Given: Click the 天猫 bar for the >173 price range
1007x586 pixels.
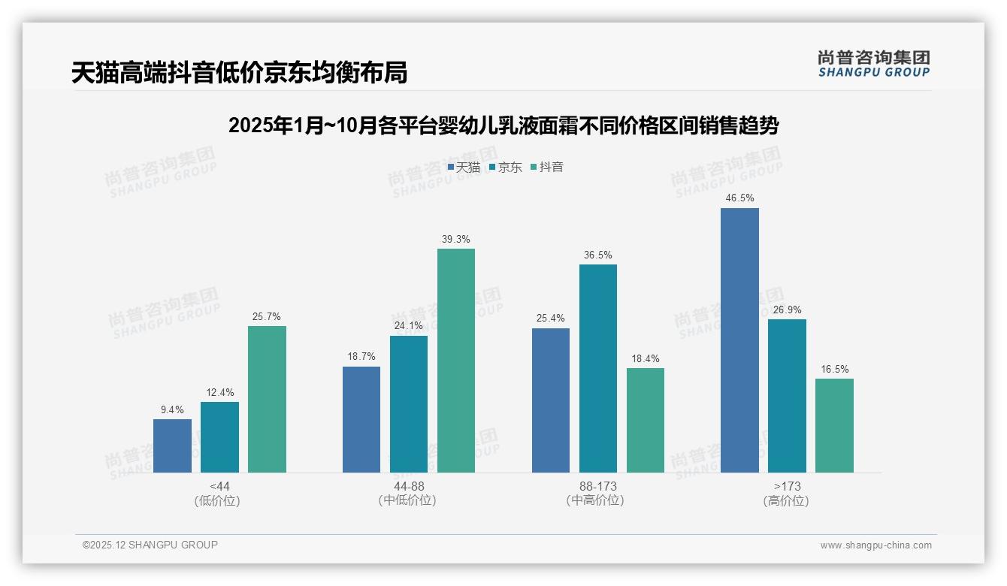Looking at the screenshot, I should tap(739, 340).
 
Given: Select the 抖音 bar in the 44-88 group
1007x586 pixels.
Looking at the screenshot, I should tap(456, 361).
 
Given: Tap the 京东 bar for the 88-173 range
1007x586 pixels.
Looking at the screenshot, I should tap(598, 368).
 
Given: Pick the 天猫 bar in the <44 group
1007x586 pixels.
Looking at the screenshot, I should tap(172, 446).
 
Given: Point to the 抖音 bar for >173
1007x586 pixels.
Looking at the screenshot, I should tap(834, 425).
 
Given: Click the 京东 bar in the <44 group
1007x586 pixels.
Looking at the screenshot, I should tap(219, 437).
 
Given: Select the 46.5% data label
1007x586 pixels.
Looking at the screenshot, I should tap(739, 198).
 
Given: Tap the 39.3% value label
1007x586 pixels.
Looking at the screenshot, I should tap(456, 240).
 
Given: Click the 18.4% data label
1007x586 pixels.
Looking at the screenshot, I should tap(646, 359).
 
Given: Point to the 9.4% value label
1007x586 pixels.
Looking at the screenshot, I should tap(172, 410).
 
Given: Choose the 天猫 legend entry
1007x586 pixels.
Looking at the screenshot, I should tap(464, 168).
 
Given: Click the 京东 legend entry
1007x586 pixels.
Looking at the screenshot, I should tap(505, 168).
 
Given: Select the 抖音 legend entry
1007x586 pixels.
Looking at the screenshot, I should tap(547, 168).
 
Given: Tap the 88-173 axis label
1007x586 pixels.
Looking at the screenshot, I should tap(598, 487).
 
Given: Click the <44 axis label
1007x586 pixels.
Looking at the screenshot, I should tap(219, 487).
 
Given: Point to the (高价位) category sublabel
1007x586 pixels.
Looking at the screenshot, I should tap(787, 501).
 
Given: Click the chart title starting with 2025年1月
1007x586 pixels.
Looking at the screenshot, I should tap(503, 125).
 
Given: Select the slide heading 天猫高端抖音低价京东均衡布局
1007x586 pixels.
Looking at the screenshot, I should tap(240, 73).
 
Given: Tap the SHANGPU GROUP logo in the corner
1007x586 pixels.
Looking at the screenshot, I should tap(873, 64).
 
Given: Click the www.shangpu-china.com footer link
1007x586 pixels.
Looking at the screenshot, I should tap(875, 545).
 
